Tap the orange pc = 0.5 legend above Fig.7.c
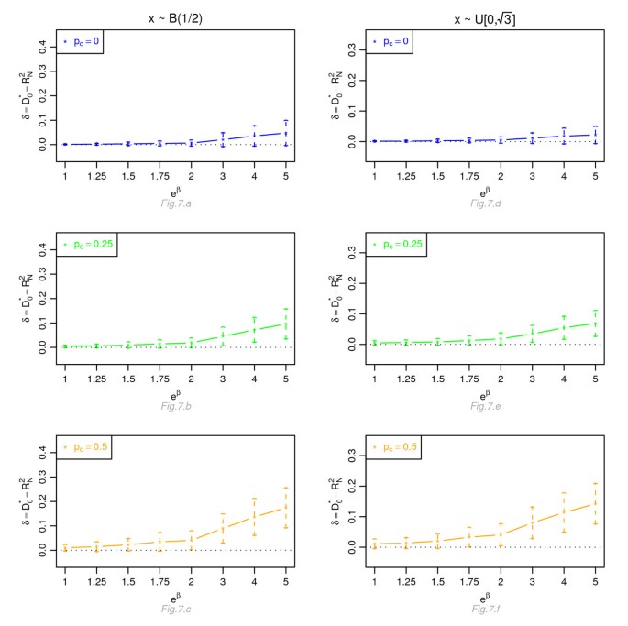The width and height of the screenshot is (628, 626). click(x=83, y=449)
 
